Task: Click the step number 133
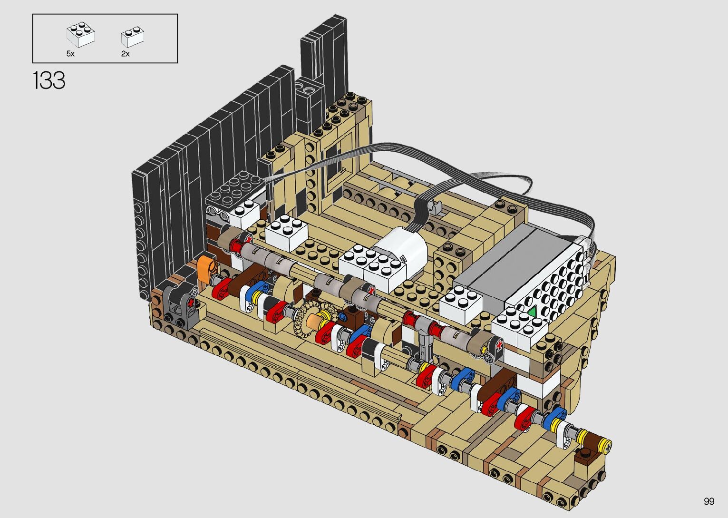point(49,80)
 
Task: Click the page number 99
point(709,501)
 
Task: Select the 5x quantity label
point(70,54)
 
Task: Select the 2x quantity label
point(126,54)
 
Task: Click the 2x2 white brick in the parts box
point(81,34)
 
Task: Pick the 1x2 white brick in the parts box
point(133,37)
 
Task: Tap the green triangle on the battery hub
point(532,312)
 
